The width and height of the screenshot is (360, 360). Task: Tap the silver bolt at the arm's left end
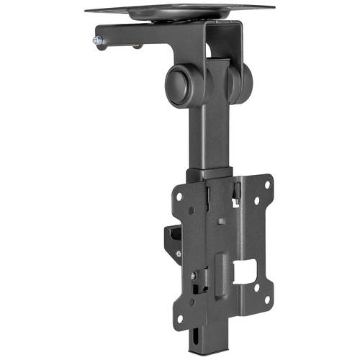(96, 42)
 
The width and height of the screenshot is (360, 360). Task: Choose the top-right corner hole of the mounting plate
(266, 184)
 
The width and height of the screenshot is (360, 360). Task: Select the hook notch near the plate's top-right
(238, 190)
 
